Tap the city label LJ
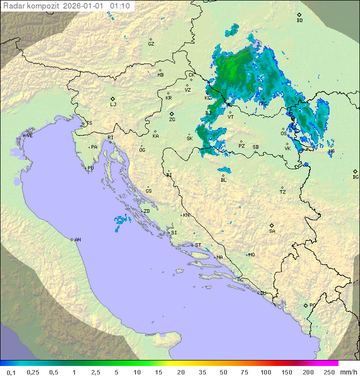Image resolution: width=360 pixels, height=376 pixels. (113, 105)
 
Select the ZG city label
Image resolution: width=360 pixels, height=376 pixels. (172, 120)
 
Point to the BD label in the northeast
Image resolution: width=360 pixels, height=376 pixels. (299, 21)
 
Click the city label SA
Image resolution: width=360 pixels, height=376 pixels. (272, 231)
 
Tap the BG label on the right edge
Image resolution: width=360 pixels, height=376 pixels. (355, 177)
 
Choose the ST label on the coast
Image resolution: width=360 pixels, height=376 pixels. (198, 245)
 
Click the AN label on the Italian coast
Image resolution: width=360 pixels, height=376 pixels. (77, 240)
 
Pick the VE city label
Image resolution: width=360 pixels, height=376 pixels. (29, 136)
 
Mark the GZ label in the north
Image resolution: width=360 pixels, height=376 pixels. (151, 44)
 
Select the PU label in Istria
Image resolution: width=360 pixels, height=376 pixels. (90, 168)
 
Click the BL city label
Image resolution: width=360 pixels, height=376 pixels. (223, 180)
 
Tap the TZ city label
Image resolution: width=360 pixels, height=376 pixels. (282, 192)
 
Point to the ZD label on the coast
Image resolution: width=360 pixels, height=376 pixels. (146, 211)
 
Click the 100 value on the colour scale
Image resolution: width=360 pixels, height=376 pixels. (265, 372)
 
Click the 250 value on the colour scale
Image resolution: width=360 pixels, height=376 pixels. (329, 372)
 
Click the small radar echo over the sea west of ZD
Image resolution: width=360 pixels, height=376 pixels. (120, 220)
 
